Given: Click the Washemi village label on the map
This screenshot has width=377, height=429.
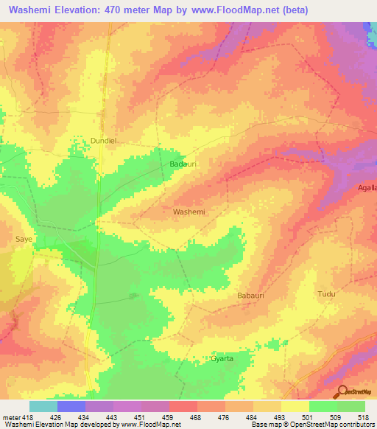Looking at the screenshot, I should [x=188, y=212].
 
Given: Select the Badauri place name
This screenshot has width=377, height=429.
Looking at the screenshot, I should [x=181, y=164].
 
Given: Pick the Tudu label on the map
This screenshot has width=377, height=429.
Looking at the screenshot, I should [x=326, y=294].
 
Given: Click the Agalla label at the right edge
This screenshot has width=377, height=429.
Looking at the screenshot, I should [x=367, y=188].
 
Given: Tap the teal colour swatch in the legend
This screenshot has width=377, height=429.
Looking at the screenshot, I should [x=43, y=405].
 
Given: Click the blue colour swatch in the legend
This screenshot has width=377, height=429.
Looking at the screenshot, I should [x=71, y=405].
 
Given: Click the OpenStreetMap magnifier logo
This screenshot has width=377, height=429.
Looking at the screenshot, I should [x=342, y=391].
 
